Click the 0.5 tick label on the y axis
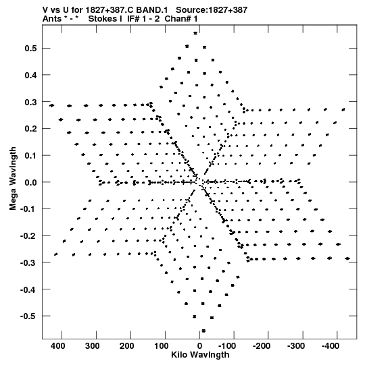point(30,49)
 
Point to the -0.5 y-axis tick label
point(28,316)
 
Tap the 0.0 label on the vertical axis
point(30,182)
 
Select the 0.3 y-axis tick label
point(30,102)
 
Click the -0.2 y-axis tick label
point(28,236)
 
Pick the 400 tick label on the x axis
point(58,346)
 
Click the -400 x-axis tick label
point(331,346)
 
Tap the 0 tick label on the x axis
point(199,346)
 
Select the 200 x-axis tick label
point(126,346)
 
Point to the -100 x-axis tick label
point(227,346)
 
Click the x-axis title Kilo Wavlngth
point(200,355)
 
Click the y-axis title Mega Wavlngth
point(13,179)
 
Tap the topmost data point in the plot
point(195,33)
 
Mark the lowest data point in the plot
point(203,331)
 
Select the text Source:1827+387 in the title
point(212,10)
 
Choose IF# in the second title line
point(134,19)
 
